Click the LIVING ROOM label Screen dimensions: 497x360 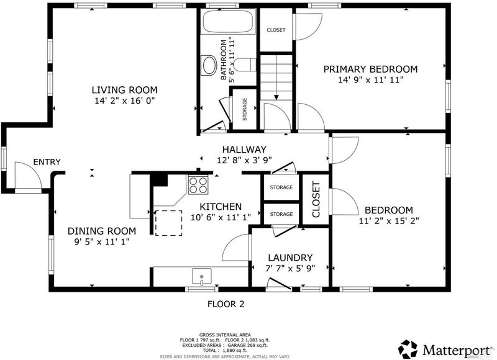125,90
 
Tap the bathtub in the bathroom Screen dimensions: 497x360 228,21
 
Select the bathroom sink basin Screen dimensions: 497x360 209,65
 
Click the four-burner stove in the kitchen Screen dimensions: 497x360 198,184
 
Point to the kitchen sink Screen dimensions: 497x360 201,276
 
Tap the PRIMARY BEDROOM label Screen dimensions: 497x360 370,69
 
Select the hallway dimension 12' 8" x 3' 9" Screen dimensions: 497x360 244,160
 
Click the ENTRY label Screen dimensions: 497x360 47,162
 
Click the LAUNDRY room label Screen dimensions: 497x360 290,258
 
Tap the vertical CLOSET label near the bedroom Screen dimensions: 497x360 316,199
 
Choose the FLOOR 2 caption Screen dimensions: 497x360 226,304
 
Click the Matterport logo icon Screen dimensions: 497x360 408,349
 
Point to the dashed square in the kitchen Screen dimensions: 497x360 168,223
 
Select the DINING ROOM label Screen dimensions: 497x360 102,231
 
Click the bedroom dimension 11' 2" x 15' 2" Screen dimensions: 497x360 389,221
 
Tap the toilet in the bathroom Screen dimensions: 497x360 246,65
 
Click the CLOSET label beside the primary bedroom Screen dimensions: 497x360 276,30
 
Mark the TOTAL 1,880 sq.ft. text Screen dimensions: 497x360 225,350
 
